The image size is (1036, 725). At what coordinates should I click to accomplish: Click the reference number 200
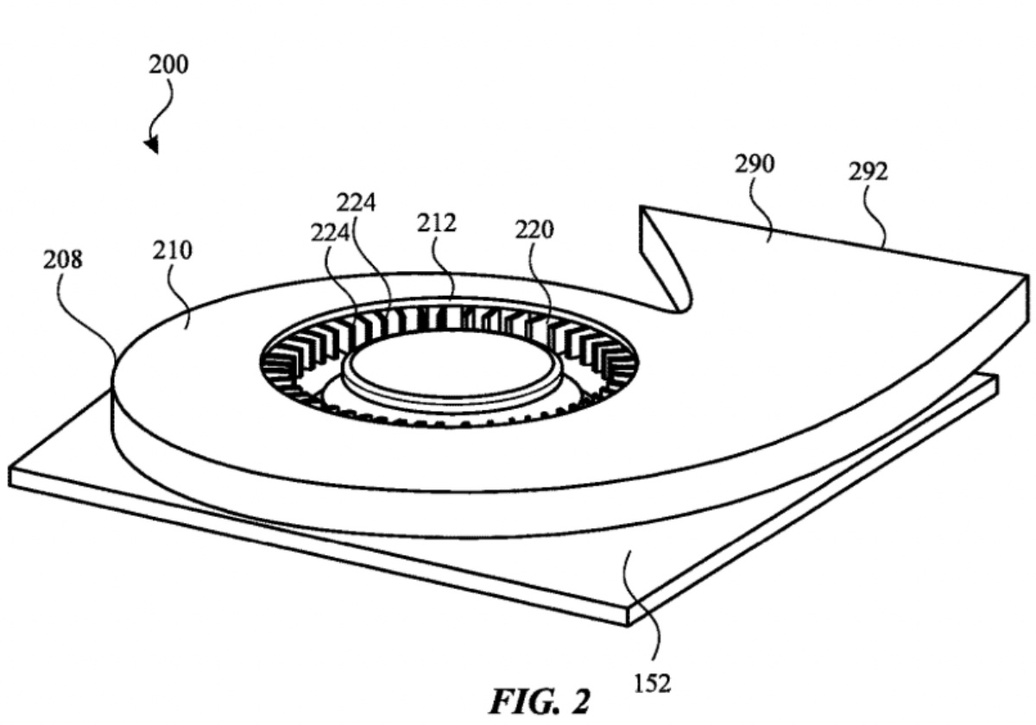(x=169, y=65)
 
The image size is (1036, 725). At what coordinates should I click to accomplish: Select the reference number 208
(x=63, y=260)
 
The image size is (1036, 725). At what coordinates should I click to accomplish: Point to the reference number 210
(x=174, y=250)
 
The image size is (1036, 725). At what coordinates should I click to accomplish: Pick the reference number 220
(x=534, y=230)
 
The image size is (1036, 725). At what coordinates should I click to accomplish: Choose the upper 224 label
(x=357, y=203)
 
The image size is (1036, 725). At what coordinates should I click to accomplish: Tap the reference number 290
(x=754, y=165)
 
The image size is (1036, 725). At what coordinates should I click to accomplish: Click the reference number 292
(x=868, y=173)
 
